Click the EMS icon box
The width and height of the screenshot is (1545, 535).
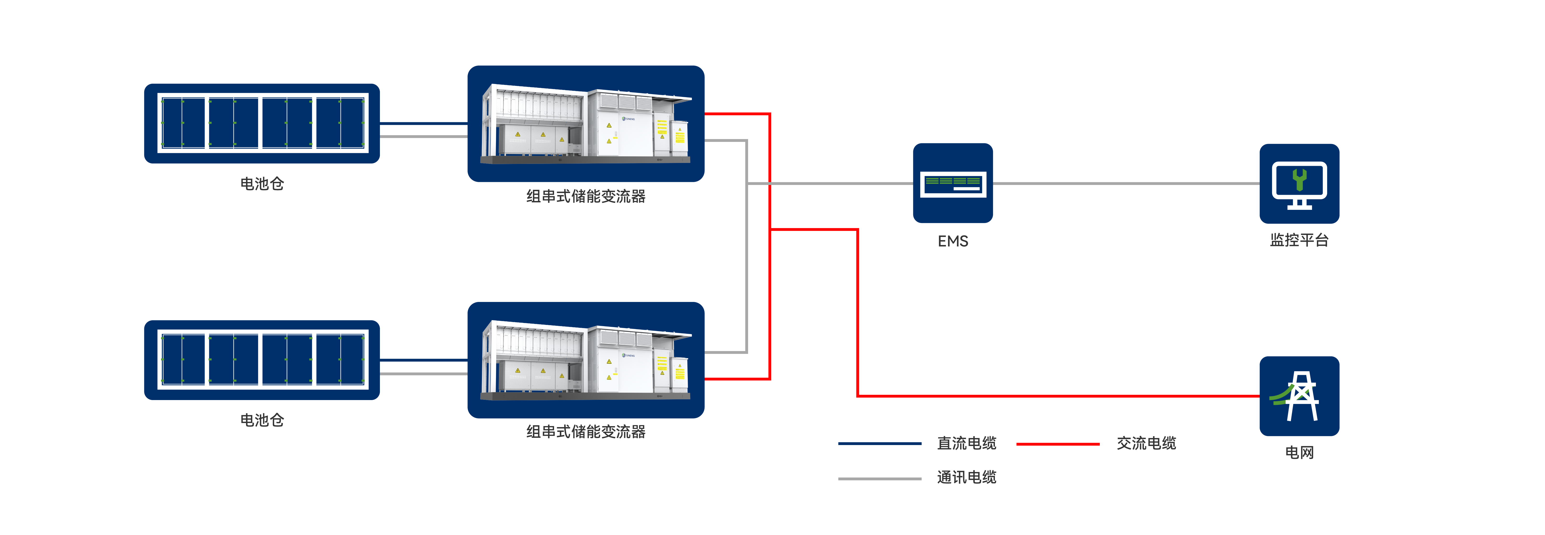click(x=953, y=183)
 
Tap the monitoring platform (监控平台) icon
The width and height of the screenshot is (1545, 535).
click(x=1299, y=184)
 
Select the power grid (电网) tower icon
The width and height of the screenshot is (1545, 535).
click(x=1299, y=396)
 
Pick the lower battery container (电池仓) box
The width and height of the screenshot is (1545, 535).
click(x=262, y=360)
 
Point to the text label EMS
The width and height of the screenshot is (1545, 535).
click(x=953, y=241)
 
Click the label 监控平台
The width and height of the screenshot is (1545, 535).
click(x=1299, y=240)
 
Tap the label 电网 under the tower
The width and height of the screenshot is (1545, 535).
click(x=1299, y=452)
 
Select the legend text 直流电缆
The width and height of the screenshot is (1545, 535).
click(x=966, y=443)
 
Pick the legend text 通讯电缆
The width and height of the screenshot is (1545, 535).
click(x=966, y=477)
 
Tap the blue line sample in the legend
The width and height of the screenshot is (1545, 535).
click(x=879, y=444)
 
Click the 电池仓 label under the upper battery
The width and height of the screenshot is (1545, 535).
click(x=262, y=184)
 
